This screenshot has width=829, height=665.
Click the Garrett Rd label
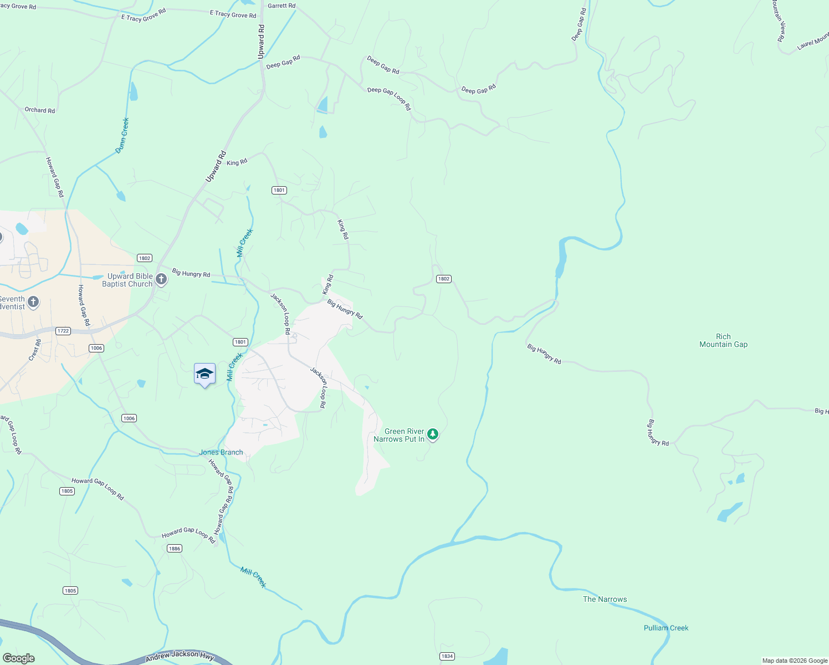282,6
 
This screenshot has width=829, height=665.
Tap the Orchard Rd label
40,110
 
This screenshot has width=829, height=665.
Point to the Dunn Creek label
122,135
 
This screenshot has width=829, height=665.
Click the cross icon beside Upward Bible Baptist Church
161,279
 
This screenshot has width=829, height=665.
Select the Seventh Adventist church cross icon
33,302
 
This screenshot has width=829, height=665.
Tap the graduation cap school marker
204,374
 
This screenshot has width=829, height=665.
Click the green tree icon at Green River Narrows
433,434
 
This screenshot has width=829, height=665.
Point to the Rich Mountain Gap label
723,340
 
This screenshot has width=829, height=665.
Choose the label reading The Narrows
605,599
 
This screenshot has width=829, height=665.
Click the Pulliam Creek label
666,628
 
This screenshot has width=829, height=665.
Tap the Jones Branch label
221,452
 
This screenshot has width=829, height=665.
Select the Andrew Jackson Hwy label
180,656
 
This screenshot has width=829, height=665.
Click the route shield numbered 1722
63,331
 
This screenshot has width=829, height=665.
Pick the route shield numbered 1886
175,548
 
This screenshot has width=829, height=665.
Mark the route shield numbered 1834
447,656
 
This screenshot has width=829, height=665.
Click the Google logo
18,658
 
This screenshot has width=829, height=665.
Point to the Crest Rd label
35,351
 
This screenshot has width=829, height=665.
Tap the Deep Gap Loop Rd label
389,98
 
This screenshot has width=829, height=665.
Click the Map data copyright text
795,661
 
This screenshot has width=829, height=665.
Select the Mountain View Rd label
779,21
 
